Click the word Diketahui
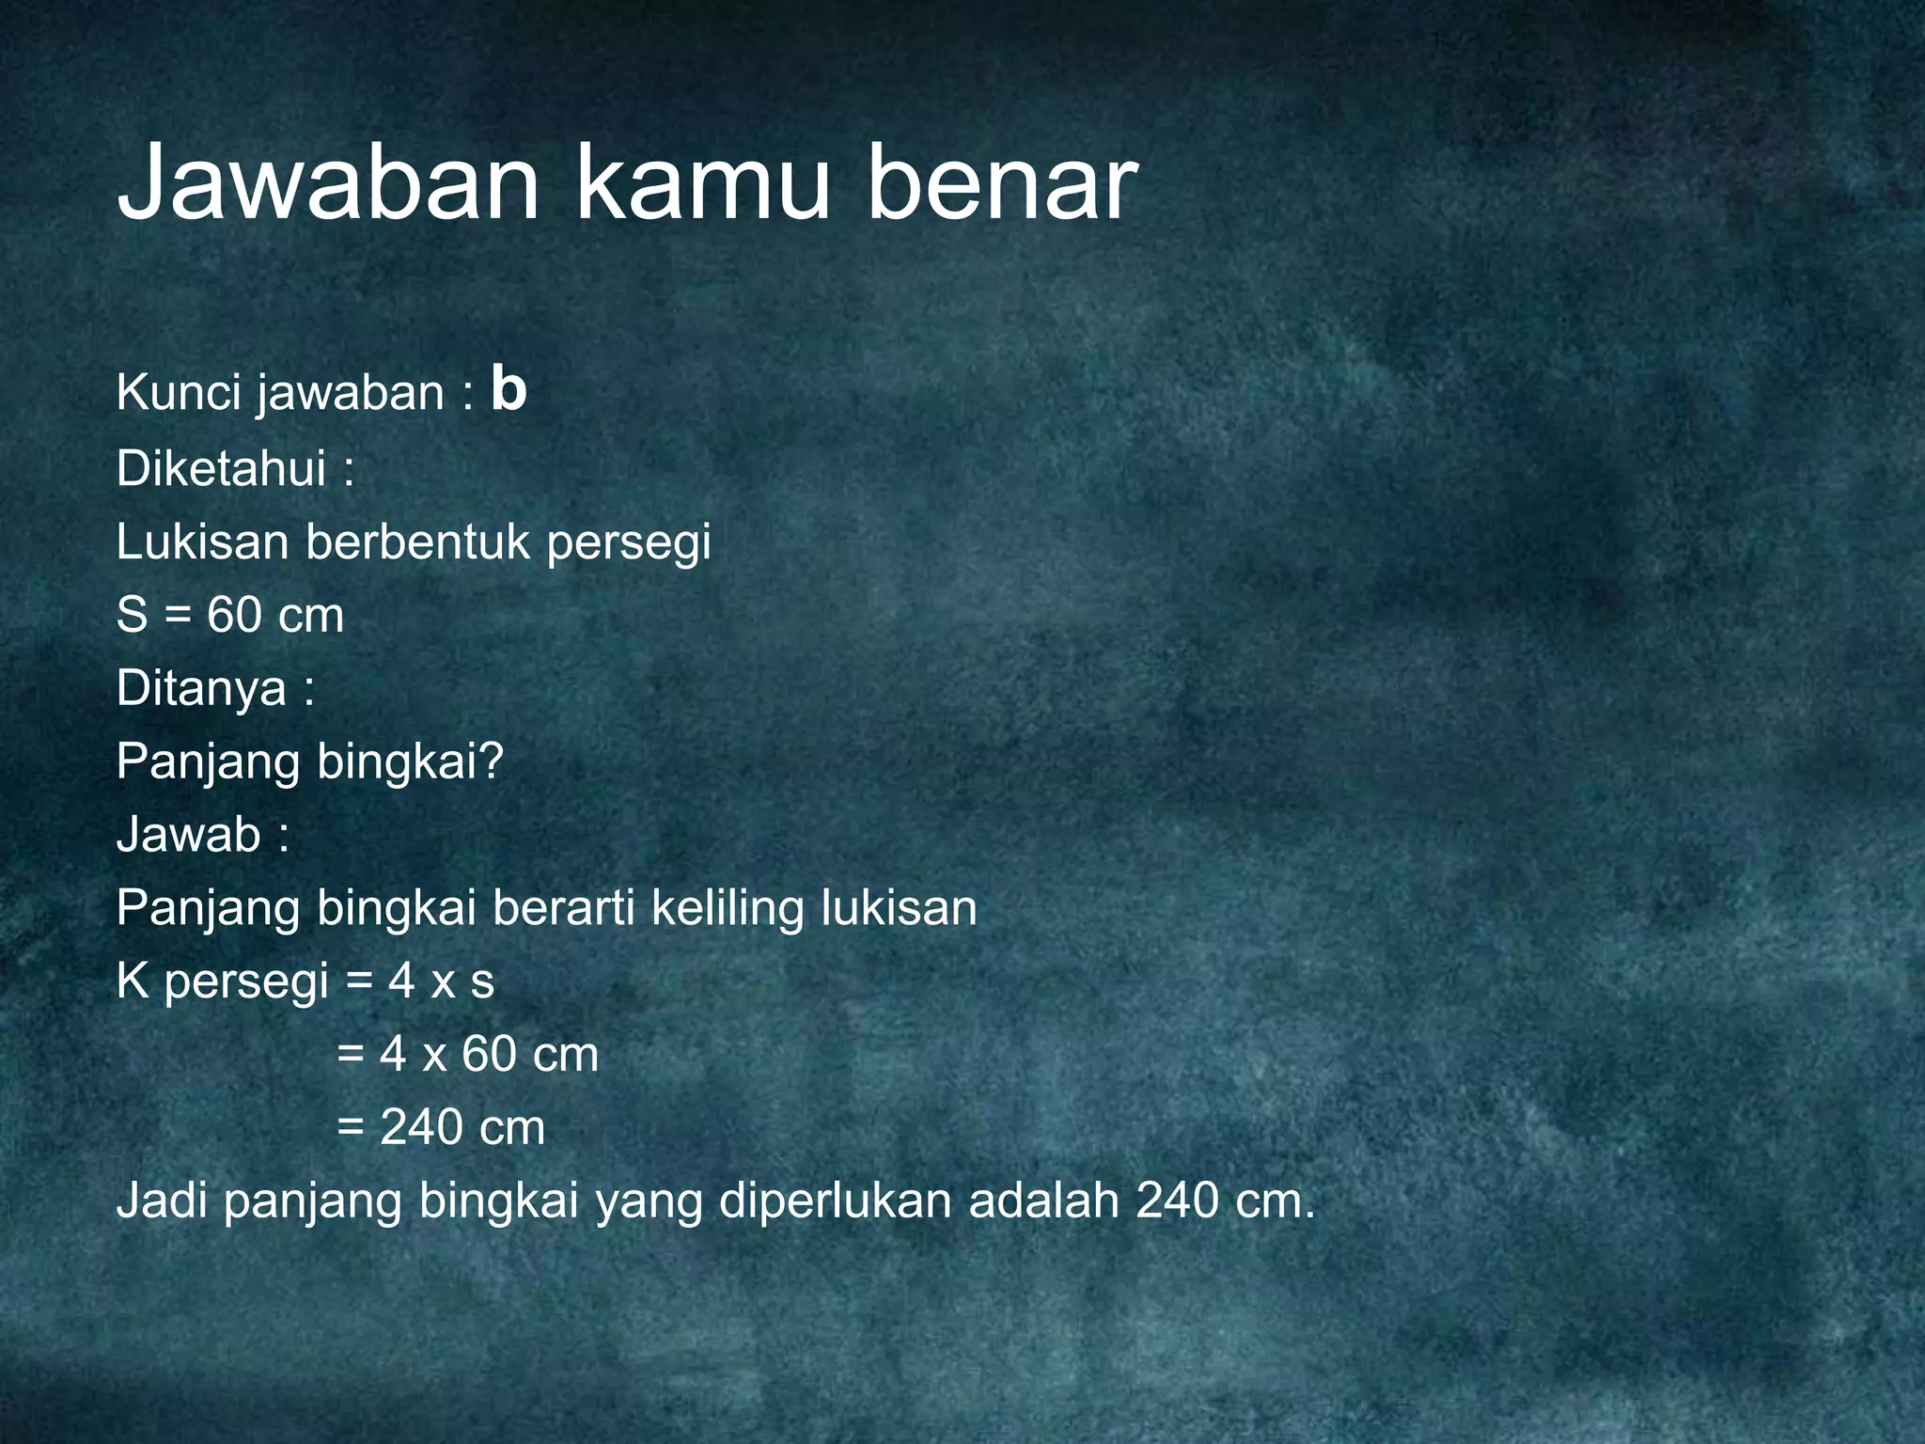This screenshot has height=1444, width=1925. (x=222, y=467)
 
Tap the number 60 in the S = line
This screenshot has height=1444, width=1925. (x=234, y=615)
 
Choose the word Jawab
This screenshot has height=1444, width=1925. (x=189, y=834)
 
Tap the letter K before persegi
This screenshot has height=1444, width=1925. (x=133, y=981)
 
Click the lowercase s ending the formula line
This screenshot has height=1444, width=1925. (x=482, y=982)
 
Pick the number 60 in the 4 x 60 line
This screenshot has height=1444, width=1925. (x=489, y=1054)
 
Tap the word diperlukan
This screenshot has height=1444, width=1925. (x=836, y=1201)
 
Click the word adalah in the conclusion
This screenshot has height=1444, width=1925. (x=1043, y=1201)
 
